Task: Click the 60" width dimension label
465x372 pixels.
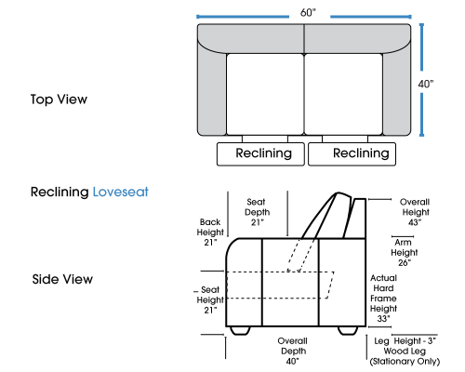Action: pyautogui.click(x=308, y=13)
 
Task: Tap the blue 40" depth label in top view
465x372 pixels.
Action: pyautogui.click(x=426, y=84)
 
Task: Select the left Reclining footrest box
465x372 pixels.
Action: pyautogui.click(x=260, y=154)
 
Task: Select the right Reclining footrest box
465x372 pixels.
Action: pyautogui.click(x=352, y=154)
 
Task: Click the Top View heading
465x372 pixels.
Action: pyautogui.click(x=59, y=100)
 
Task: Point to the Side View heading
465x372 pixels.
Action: pyautogui.click(x=62, y=279)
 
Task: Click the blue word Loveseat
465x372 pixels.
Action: pyautogui.click(x=121, y=192)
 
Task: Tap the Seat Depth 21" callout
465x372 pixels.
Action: pyautogui.click(x=257, y=212)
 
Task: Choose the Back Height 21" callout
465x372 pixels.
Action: pyautogui.click(x=210, y=232)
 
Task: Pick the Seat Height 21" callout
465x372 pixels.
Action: pyautogui.click(x=210, y=299)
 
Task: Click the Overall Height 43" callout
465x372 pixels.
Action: pyautogui.click(x=415, y=212)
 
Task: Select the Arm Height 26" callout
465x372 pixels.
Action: pyautogui.click(x=404, y=252)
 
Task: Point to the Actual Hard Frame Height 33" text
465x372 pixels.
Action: pyautogui.click(x=383, y=299)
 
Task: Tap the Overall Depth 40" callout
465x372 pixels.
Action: pyautogui.click(x=293, y=351)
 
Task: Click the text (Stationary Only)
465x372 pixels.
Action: pyautogui.click(x=405, y=362)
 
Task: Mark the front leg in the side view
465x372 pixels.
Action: pyautogui.click(x=241, y=331)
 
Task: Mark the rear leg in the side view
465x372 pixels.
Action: pyautogui.click(x=348, y=331)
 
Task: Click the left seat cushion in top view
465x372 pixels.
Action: pyautogui.click(x=265, y=94)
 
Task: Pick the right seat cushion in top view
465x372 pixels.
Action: pyautogui.click(x=343, y=94)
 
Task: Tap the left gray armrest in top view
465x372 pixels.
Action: pyautogui.click(x=212, y=93)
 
